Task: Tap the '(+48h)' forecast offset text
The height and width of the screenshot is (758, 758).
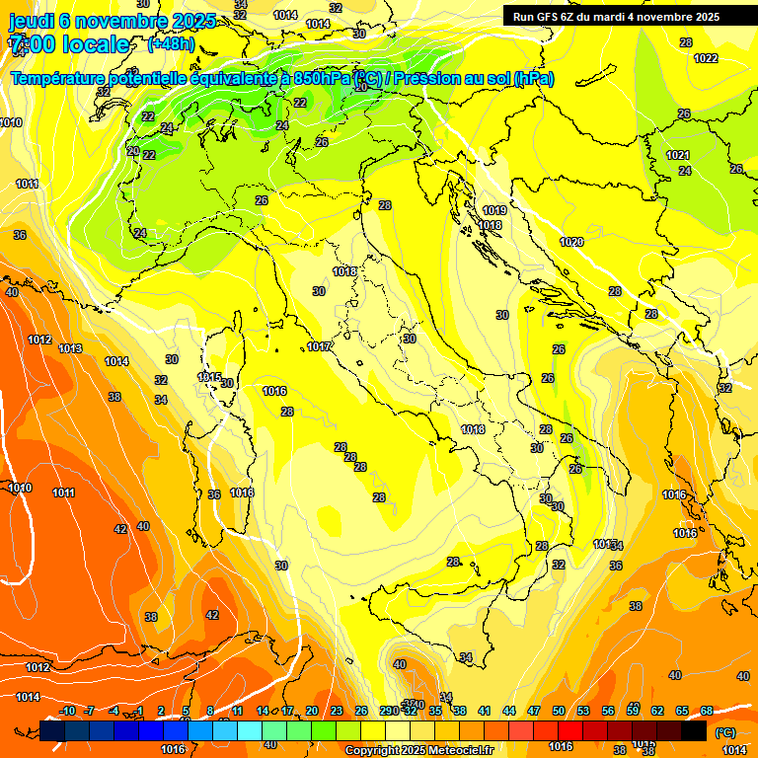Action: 170,44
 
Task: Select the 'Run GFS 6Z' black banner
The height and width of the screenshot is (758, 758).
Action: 617,16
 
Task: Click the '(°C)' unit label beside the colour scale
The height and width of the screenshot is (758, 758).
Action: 725,731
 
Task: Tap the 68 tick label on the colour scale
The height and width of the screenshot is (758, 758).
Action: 707,711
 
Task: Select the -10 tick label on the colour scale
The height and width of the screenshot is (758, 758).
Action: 67,711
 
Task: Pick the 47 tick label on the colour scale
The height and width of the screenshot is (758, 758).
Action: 534,711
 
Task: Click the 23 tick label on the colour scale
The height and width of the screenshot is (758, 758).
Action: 337,711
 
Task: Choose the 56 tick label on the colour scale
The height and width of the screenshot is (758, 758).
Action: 608,711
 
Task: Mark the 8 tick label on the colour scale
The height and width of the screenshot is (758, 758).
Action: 210,711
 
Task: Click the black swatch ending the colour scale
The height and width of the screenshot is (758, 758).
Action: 694,730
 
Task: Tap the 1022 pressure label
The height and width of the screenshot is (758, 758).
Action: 706,58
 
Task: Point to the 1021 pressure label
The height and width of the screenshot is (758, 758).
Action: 677,155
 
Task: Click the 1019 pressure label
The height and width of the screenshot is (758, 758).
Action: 494,210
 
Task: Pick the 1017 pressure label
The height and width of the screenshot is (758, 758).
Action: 319,346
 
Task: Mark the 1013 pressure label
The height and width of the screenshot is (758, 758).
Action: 70,348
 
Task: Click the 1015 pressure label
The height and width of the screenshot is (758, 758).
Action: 209,377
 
